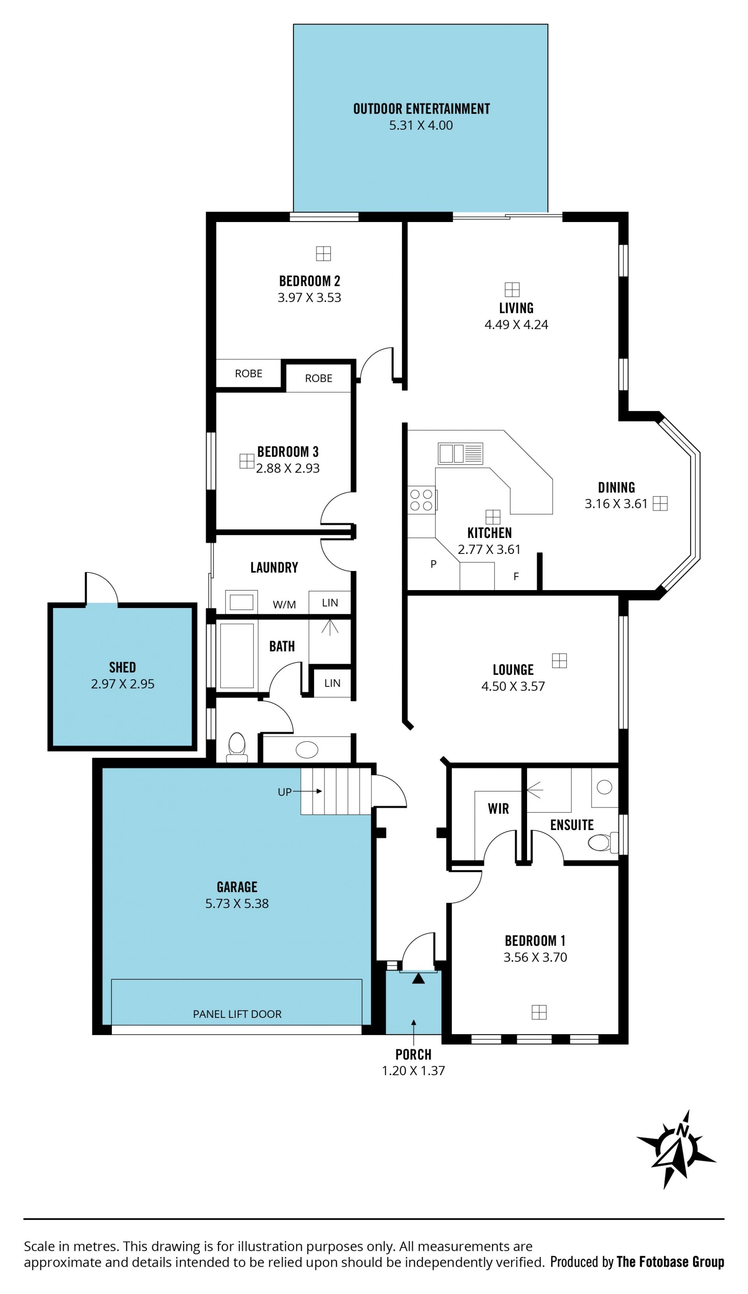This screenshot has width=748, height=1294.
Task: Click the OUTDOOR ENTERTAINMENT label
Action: pyautogui.click(x=421, y=109)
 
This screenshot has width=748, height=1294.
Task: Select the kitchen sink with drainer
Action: pyautogui.click(x=460, y=453)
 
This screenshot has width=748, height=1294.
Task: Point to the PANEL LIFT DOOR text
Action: pyautogui.click(x=237, y=1014)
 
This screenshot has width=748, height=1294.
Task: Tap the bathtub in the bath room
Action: pyautogui.click(x=237, y=656)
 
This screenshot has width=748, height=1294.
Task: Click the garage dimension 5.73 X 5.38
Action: pyautogui.click(x=237, y=903)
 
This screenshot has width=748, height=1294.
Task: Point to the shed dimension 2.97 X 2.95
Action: pyautogui.click(x=123, y=684)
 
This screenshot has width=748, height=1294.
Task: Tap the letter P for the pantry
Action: pyautogui.click(x=434, y=564)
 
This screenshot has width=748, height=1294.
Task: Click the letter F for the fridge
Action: pyautogui.click(x=516, y=576)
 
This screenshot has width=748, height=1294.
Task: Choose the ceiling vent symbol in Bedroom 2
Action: pyautogui.click(x=323, y=254)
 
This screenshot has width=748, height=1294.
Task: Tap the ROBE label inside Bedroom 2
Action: pyautogui.click(x=249, y=373)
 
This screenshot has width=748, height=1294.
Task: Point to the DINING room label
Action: pyautogui.click(x=616, y=487)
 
